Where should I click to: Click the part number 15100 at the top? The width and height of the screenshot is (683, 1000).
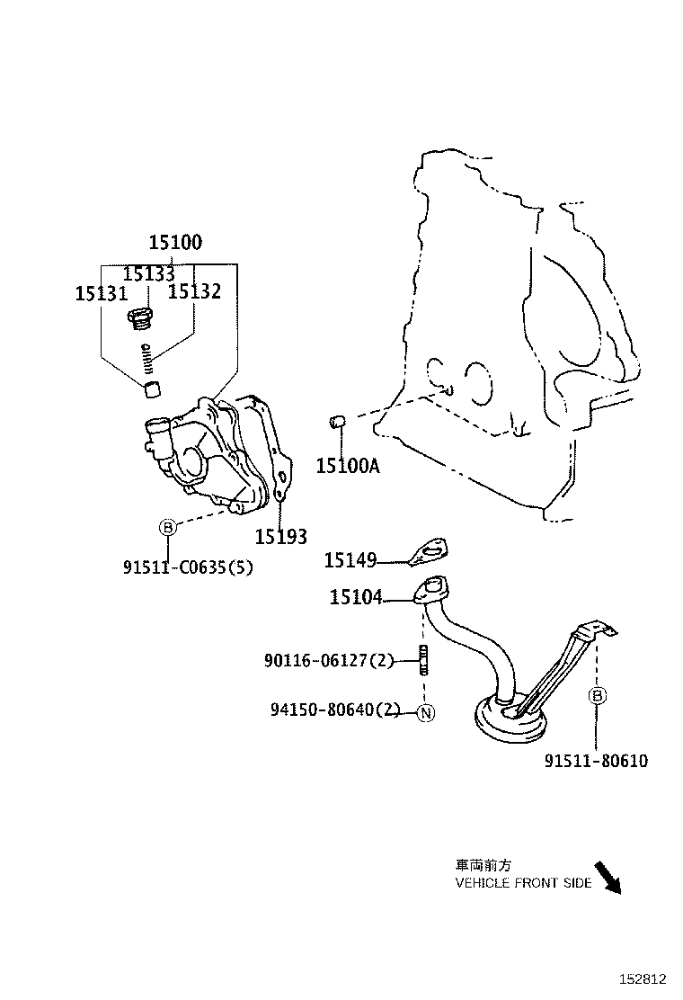pos(175,242)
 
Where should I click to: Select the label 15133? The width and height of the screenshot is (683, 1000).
pos(148,274)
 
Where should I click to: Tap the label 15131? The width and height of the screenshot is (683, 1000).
pos(102,293)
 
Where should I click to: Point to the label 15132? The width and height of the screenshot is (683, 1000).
pos(194,291)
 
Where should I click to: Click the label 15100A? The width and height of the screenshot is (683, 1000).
pos(348,466)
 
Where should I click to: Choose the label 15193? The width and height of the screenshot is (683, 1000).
pos(281,537)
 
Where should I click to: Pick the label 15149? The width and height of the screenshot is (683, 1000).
pos(350,560)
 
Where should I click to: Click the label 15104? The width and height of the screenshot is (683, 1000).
pos(356,597)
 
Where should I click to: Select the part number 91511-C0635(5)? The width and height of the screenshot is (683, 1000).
pos(188,567)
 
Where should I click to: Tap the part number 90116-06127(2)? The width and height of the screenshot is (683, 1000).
pos(330,660)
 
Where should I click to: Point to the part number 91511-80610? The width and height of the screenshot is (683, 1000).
pos(597,760)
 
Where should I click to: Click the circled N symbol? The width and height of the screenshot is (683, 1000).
pos(426,713)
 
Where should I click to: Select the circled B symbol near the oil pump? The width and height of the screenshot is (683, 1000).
pos(167,527)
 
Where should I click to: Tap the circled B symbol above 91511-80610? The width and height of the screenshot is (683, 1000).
pos(598,695)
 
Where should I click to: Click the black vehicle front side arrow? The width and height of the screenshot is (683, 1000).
pos(608,879)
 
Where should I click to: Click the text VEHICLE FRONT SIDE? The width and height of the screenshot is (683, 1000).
pos(524,883)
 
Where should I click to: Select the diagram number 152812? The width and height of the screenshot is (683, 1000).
pos(643,978)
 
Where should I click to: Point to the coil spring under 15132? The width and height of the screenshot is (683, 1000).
pos(147,359)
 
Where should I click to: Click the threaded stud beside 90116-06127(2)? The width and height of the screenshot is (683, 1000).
pos(423,659)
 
